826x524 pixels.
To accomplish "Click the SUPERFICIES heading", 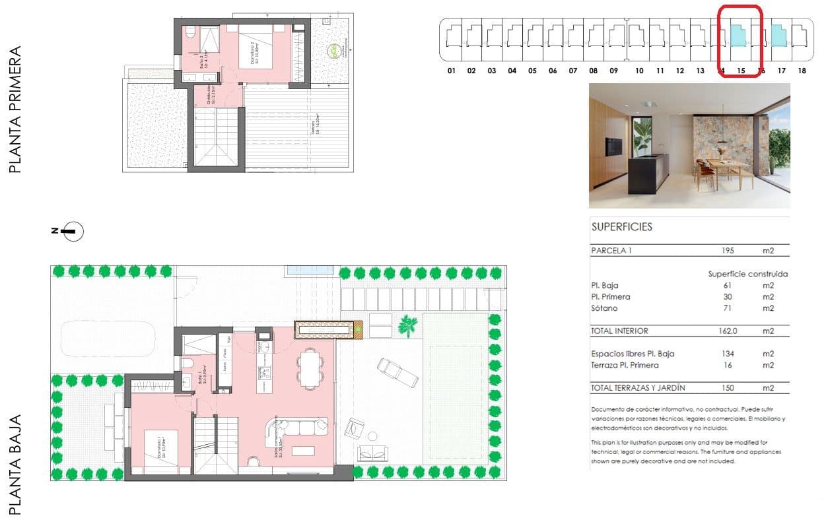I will [x=621, y=227].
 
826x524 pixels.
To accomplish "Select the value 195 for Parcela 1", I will [x=729, y=251].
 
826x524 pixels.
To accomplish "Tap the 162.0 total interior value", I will [x=732, y=331].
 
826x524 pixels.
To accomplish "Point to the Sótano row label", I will [x=603, y=308].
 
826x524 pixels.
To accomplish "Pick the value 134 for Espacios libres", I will [x=729, y=354].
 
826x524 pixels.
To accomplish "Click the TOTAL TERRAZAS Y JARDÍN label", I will [x=638, y=388].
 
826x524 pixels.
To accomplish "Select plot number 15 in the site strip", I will [x=741, y=71].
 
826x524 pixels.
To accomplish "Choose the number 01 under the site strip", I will [x=452, y=71].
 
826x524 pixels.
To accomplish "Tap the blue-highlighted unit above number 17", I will [x=779, y=36].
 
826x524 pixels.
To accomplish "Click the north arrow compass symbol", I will [x=73, y=231].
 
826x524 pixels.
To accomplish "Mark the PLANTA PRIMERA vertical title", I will [x=15, y=110].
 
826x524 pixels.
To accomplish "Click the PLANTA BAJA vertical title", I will [x=15, y=464].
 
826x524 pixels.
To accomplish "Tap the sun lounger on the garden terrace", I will [x=396, y=373].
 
